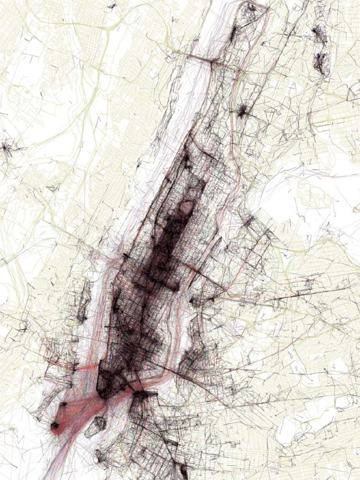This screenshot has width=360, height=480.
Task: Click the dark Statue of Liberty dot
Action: tap(55, 426)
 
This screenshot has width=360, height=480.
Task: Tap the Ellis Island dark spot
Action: tap(63, 404)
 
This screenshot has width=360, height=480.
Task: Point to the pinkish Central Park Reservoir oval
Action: tap(187, 206)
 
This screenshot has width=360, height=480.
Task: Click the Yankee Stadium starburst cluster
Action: tap(243, 111)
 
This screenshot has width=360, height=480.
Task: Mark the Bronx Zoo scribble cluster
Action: tap(322, 63)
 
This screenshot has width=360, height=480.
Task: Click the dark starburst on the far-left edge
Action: tap(7, 149)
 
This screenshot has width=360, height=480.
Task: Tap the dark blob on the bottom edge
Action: tap(183, 471)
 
